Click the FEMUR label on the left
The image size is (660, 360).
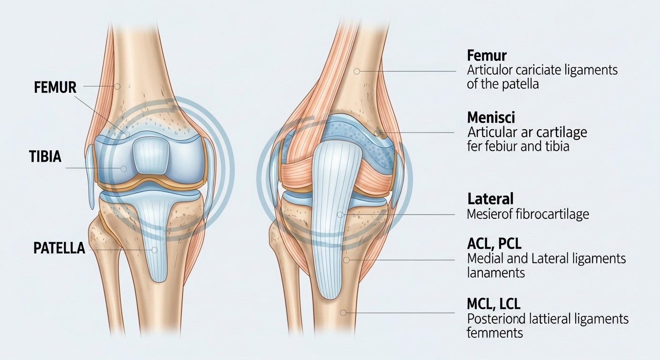tap(55, 87)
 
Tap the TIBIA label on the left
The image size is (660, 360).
tap(45, 157)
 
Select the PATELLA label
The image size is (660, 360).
tap(59, 248)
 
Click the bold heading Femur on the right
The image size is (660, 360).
tap(487, 56)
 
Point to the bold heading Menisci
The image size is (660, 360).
tap(491, 117)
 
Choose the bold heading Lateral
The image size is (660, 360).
tap(490, 198)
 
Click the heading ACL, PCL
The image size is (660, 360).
tap(494, 244)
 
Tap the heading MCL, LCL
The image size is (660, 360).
tap(494, 304)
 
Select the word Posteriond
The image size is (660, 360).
tap(495, 319)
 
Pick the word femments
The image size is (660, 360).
tap(495, 333)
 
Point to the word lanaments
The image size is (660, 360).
tap(496, 273)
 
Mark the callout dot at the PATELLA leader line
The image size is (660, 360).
tap(154, 250)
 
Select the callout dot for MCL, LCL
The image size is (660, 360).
tap(344, 313)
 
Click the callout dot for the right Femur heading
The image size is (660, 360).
tap(357, 71)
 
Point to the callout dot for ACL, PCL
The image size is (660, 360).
tap(346, 260)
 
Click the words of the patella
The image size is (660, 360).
tap(502, 85)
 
